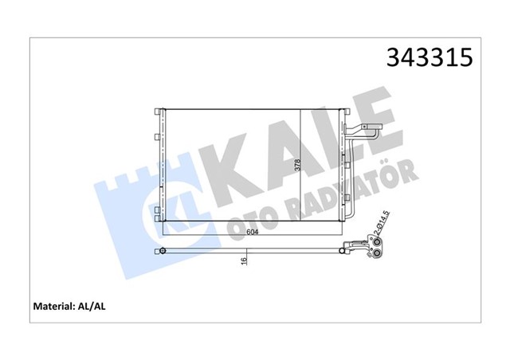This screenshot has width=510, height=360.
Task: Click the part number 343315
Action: [430, 58]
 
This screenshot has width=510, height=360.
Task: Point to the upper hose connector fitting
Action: [368, 131]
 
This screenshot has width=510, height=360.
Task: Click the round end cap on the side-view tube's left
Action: [163, 252]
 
